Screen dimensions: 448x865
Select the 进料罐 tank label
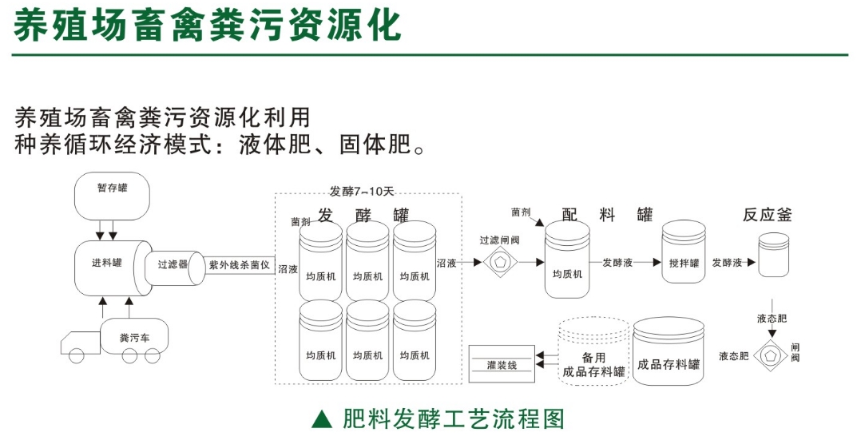coord(106,263)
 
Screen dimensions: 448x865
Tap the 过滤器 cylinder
coord(172,264)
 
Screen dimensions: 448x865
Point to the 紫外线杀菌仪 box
coord(239,264)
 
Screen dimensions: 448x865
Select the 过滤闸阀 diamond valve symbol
coord(500,261)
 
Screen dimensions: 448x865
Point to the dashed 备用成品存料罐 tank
coord(591,353)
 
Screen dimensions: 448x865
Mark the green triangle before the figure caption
coord(320,419)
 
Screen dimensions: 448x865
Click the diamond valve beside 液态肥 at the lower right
coord(772,355)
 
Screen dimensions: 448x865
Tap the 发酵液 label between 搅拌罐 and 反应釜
coord(727,262)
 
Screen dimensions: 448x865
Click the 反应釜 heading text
coord(768,216)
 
